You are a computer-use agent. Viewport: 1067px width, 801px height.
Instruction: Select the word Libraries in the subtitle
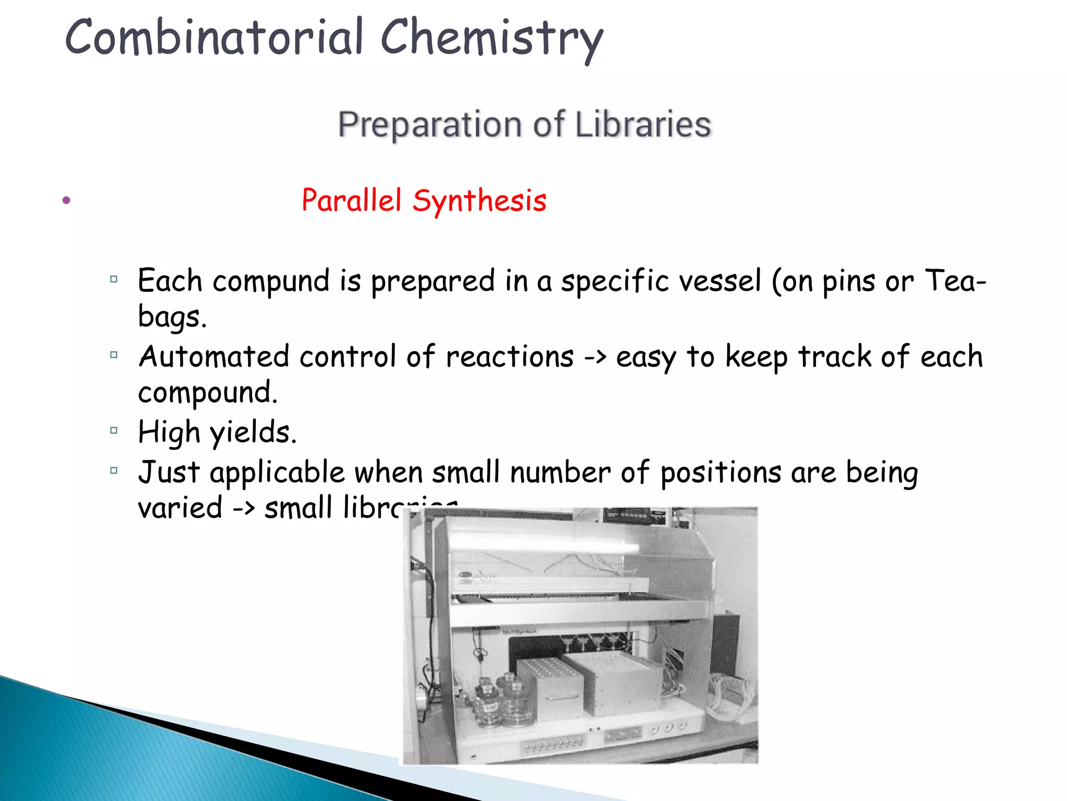pos(643,125)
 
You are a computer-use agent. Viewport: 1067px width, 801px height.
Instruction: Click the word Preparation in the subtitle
pos(430,125)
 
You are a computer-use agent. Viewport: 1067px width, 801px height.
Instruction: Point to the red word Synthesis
pos(479,201)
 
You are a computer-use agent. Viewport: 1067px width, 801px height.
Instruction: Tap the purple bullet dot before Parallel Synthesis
pos(66,200)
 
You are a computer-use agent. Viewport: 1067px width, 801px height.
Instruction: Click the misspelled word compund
pos(271,282)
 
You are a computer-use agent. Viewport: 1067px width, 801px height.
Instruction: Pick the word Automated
pos(214,357)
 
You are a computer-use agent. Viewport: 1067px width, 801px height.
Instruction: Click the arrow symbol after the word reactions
pos(595,357)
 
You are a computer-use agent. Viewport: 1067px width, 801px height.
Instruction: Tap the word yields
pos(253,433)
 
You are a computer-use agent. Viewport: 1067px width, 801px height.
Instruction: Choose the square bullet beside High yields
pos(114,431)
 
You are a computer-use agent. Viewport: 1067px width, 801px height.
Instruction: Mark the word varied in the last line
pos(180,508)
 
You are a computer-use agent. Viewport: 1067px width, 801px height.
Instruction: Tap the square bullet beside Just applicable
pos(114,470)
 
